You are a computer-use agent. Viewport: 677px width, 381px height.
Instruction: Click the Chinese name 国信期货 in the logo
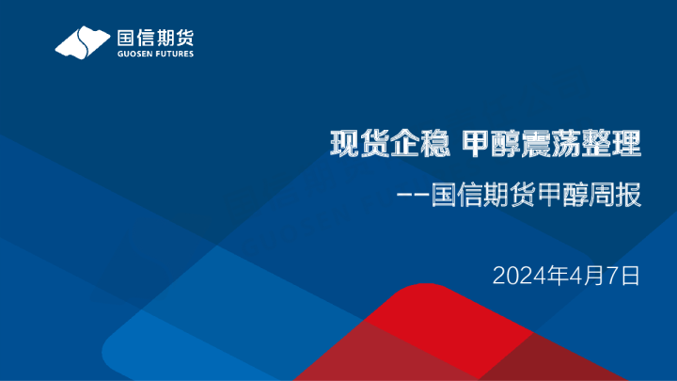click(154, 39)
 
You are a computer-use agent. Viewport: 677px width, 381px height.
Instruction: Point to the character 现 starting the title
click(343, 145)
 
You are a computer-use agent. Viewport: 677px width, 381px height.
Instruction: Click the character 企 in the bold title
click(401, 145)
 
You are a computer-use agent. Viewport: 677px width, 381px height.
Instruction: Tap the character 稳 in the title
click(430, 145)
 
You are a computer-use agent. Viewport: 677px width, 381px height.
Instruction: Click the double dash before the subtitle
click(414, 198)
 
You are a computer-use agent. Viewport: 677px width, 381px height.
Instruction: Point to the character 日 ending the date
click(629, 276)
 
